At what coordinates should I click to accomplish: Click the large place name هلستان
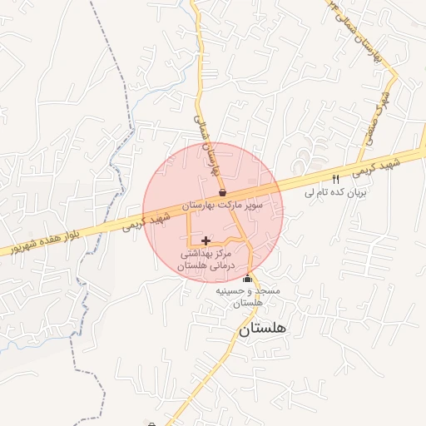[x=262, y=329]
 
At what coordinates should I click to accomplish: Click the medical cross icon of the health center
[x=206, y=240]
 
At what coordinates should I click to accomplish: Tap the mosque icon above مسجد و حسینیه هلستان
[x=246, y=280]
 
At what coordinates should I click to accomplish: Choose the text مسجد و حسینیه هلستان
[x=249, y=297]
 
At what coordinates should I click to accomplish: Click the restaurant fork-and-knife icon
[x=335, y=179]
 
